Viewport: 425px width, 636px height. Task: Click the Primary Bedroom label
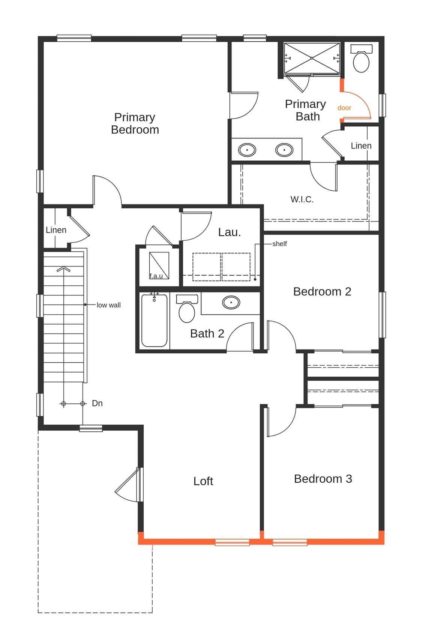coord(135,124)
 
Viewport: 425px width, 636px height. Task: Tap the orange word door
coord(344,108)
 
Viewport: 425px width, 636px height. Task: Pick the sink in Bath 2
coord(231,302)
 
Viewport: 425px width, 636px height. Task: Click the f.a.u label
coord(156,276)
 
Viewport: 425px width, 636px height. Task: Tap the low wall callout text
coord(109,305)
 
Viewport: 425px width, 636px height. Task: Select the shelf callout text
coord(279,244)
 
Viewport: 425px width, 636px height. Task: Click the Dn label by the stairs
coord(97,403)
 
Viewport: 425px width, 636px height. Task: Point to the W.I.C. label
coord(302,199)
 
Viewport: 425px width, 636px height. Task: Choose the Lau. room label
coord(229,232)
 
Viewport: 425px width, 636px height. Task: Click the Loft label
coord(203,481)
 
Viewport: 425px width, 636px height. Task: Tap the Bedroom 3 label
coord(323,479)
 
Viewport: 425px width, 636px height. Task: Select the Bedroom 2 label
coord(322,292)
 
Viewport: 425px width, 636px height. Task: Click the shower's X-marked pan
coord(312,58)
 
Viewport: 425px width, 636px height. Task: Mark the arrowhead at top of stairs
coord(63,269)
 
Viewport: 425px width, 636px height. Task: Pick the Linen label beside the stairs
coord(56,230)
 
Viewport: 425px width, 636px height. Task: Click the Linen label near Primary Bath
coord(361,146)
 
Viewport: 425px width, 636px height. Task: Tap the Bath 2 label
coord(207,334)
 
